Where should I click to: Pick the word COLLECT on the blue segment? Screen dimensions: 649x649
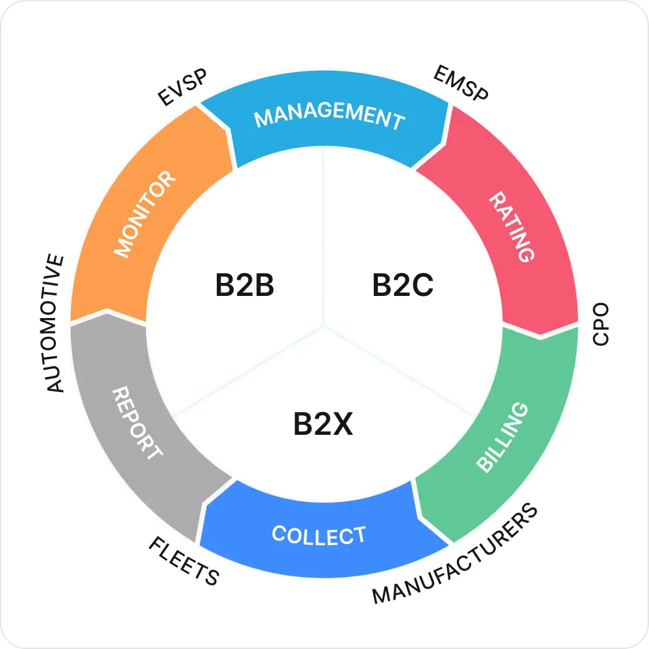319,535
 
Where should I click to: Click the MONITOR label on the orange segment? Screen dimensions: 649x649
144,214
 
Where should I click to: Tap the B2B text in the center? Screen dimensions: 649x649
245,286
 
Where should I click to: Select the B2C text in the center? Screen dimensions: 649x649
402,286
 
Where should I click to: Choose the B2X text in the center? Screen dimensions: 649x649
323,424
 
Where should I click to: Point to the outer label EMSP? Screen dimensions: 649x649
461,83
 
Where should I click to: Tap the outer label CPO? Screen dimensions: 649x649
601,323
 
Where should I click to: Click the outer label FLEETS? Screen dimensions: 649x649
184,561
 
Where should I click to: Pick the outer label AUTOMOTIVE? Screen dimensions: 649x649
56,323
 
